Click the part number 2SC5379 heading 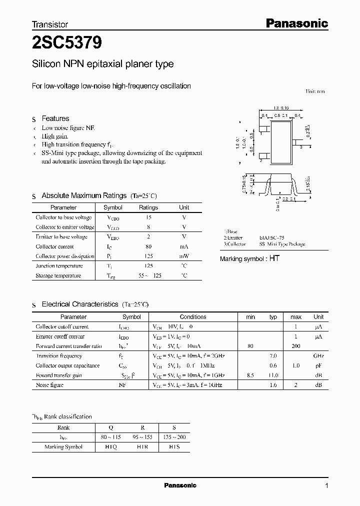(x=67, y=43)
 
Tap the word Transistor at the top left (x=50, y=24)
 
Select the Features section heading (x=55, y=118)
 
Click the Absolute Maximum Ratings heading (x=83, y=195)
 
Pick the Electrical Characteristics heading (x=79, y=304)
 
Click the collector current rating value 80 (x=148, y=246)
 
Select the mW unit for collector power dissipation (x=184, y=256)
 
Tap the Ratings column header (x=148, y=207)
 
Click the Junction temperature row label (x=59, y=266)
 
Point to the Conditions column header (x=193, y=317)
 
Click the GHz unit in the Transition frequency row (x=318, y=356)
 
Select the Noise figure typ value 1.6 (x=273, y=385)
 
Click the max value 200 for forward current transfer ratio (x=295, y=346)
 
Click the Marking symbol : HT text (x=249, y=258)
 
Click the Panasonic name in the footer (x=180, y=485)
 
